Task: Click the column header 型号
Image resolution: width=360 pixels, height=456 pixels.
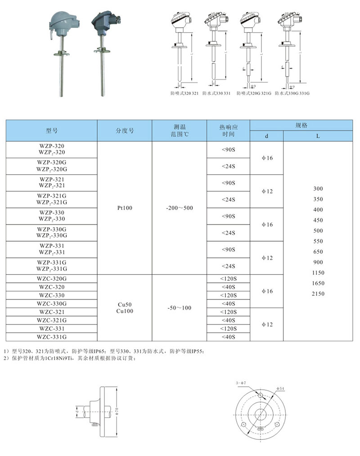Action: tap(52, 131)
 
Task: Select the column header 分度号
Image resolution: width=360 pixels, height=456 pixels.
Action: tap(125, 131)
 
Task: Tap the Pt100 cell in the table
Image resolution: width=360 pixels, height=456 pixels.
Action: tap(125, 208)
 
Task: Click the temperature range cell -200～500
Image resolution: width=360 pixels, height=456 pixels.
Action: tap(179, 208)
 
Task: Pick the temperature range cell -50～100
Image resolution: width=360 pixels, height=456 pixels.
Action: tap(179, 307)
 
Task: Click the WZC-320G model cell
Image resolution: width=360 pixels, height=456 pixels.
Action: tap(52, 279)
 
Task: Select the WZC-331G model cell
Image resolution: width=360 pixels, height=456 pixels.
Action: tap(52, 336)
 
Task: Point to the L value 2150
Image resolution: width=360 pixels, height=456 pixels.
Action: tap(318, 293)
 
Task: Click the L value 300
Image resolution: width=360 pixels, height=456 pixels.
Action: tap(318, 189)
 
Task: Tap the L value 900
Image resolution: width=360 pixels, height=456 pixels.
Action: tap(318, 262)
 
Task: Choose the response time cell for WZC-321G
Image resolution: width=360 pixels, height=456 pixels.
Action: tap(228, 320)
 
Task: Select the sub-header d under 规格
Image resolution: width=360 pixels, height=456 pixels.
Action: tap(266, 136)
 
